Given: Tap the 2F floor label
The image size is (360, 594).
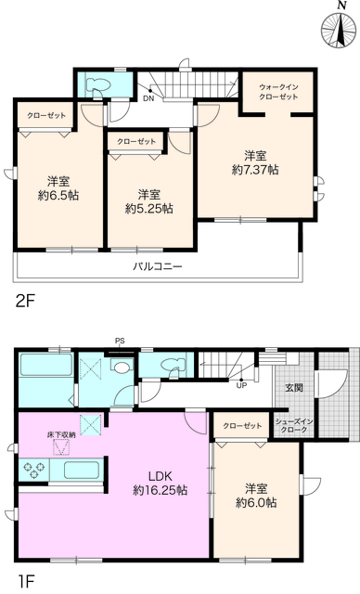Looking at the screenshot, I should point(25,300).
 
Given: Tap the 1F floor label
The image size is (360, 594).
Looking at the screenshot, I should point(24,582).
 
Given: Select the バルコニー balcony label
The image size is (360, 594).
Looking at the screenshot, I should point(156,266).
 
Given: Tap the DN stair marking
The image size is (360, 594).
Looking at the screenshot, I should point(148,97).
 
